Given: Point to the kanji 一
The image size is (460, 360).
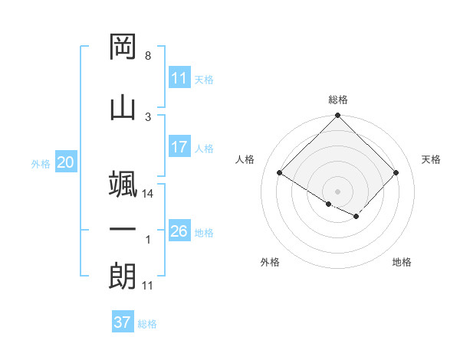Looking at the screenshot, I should click(x=123, y=230).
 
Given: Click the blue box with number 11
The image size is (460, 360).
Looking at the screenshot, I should click(x=179, y=78).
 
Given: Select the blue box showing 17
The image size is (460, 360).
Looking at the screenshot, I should click(x=179, y=147).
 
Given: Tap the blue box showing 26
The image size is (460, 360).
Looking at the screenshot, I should click(x=179, y=231).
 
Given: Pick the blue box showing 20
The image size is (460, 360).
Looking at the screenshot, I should click(x=65, y=162).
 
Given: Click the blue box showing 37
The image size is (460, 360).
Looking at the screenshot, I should click(x=123, y=322).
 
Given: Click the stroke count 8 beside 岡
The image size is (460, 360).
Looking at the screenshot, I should click(x=147, y=56).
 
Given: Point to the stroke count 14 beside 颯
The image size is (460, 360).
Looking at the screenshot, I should click(x=148, y=194).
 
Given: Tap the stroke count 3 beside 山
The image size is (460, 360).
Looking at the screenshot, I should click(x=147, y=116).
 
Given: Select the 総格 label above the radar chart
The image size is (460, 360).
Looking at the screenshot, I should click(x=337, y=100).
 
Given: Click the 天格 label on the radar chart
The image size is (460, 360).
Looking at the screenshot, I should click(x=431, y=159).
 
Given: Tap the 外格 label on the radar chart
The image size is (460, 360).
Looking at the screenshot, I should click(x=270, y=262).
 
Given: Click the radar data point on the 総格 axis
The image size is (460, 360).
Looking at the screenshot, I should click(x=337, y=116).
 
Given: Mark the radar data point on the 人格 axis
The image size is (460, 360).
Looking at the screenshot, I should click(x=280, y=173).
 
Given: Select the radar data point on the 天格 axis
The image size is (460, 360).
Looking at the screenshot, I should click(x=396, y=173).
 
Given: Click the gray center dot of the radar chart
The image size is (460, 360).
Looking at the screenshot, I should click(x=337, y=191).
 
